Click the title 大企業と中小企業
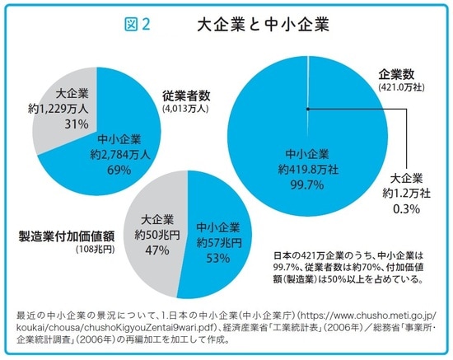[264, 25]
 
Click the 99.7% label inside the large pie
[307, 185]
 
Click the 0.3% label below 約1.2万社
[406, 209]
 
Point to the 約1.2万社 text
[406, 193]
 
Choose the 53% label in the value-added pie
[219, 258]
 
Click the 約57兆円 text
[219, 242]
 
